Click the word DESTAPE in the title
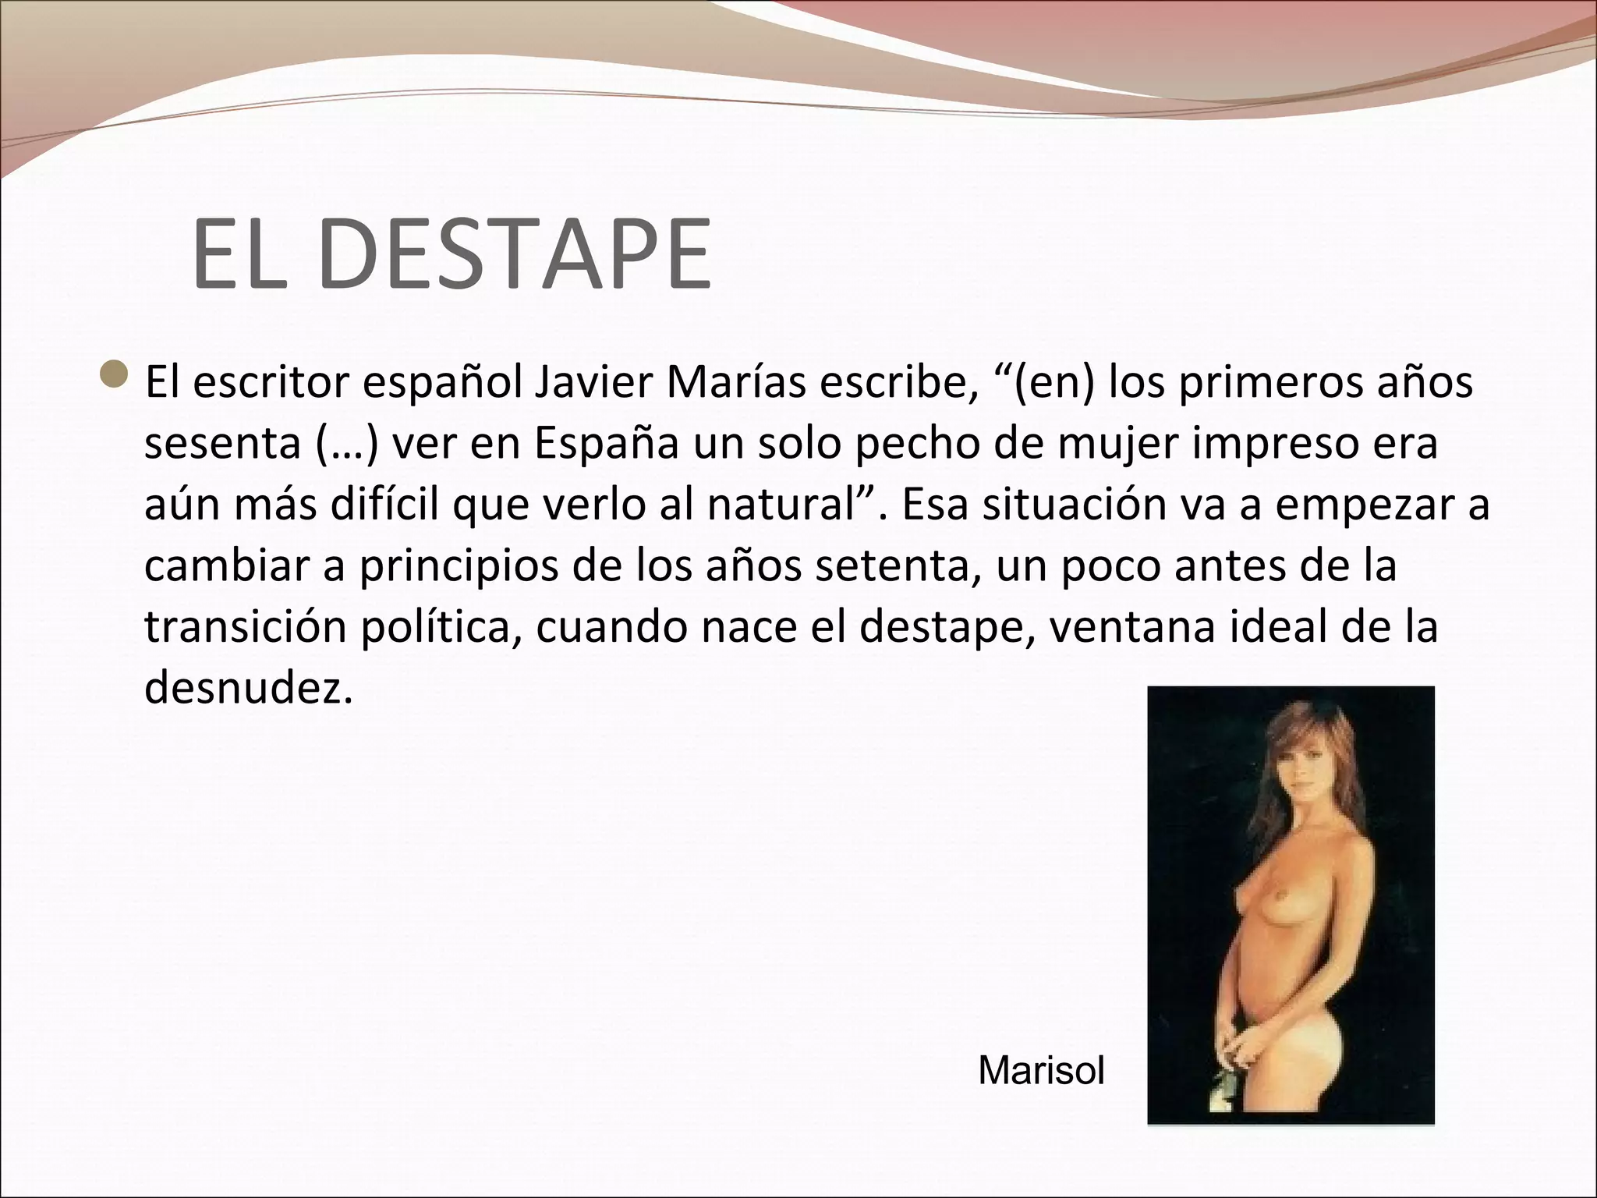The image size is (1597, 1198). [x=515, y=255]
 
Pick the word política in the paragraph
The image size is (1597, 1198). [x=441, y=629]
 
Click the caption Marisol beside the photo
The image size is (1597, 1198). [x=1041, y=1071]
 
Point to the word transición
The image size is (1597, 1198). [x=246, y=629]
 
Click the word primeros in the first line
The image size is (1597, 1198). [x=1268, y=384]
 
